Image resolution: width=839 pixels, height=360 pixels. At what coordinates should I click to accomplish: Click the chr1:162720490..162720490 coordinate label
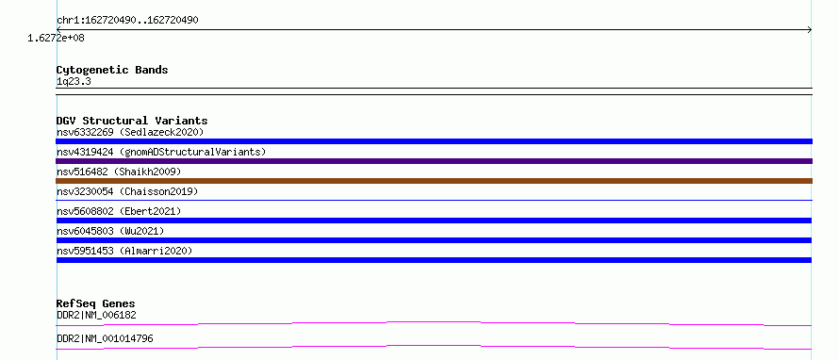127,21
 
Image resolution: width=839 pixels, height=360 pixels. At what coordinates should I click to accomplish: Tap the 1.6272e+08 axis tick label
57,38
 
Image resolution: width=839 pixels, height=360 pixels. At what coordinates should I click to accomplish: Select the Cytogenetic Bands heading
112,70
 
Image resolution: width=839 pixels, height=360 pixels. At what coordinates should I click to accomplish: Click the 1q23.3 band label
74,81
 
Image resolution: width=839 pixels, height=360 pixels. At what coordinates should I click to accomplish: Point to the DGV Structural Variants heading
132,121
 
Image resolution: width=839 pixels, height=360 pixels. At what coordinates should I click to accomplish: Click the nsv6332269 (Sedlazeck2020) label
130,132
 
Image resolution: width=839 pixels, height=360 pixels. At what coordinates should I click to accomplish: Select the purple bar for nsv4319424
434,161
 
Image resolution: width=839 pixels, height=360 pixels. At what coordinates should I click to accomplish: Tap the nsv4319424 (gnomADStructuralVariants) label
161,152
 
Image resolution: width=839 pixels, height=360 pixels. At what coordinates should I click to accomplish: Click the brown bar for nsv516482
434,181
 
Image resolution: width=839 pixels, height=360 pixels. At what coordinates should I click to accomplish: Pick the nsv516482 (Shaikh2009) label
119,172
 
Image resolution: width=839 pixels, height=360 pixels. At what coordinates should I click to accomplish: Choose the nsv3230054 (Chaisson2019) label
127,191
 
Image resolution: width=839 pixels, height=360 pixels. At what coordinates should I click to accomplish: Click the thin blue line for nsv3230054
434,200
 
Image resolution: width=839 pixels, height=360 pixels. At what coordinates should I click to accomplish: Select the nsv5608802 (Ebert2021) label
119,211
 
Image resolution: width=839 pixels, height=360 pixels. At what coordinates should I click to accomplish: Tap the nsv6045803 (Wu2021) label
110,231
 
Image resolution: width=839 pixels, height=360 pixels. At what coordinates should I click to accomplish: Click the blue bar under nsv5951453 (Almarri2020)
434,260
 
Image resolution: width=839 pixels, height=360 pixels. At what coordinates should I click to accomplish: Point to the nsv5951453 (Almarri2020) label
124,251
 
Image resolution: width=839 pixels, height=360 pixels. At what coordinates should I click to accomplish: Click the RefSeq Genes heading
96,303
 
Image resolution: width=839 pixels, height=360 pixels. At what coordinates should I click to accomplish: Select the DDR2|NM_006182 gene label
96,315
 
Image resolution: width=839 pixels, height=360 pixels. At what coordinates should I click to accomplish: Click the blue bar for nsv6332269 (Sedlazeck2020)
434,141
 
